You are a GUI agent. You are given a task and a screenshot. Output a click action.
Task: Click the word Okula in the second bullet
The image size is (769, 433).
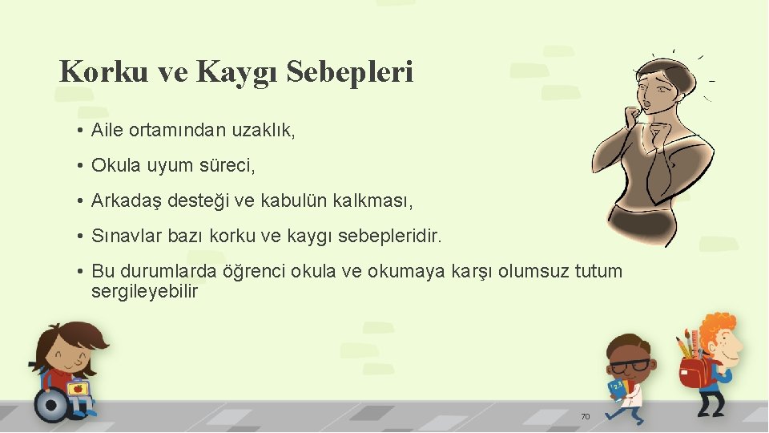point(115,165)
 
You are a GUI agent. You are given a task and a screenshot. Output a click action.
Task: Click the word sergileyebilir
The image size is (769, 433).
point(144,291)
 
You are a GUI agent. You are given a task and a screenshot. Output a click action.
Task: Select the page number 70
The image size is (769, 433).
point(585,416)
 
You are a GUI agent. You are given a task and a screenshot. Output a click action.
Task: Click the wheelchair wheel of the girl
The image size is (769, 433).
point(52,406)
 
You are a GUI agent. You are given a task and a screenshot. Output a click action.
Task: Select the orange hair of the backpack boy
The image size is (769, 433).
point(723,326)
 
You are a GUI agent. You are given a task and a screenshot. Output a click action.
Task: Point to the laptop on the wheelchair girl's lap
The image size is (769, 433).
point(78,389)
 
